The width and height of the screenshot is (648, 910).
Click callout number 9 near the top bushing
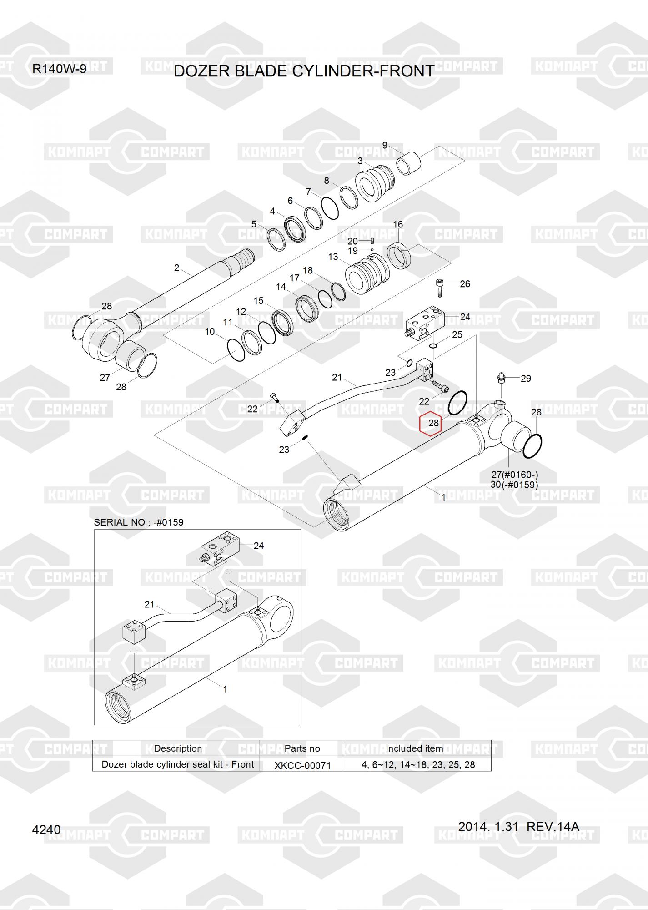click(385, 146)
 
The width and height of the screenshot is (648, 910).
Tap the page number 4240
click(46, 830)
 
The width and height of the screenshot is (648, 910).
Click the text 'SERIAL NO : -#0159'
click(139, 522)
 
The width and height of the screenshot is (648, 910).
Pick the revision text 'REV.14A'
click(553, 826)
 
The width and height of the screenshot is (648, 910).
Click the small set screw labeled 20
click(372, 241)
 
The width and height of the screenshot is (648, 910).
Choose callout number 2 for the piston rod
click(177, 268)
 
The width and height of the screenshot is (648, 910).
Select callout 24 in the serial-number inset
click(259, 546)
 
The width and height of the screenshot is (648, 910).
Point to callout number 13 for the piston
click(333, 257)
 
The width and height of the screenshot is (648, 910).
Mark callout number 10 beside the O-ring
click(210, 332)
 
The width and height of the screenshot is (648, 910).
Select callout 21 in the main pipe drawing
click(337, 377)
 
